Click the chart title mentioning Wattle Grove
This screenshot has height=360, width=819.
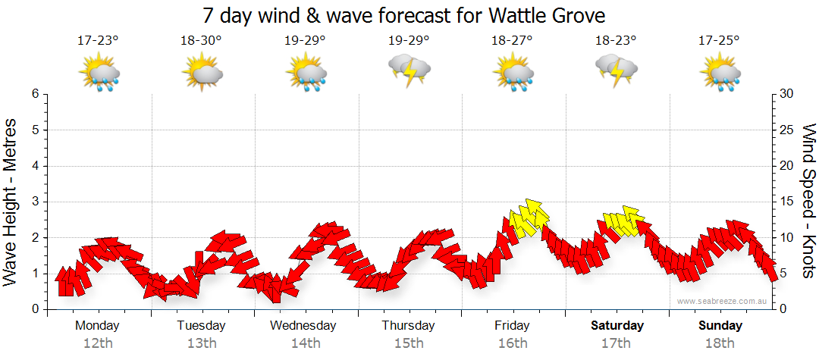pos(405,15)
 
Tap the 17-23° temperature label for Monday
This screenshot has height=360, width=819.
pos(98,40)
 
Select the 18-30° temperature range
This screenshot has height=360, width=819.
pos(201,40)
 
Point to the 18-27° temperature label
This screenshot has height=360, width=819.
pos(512,40)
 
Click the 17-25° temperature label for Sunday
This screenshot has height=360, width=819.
pos(719,40)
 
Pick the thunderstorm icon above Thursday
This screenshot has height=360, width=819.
pos(409,70)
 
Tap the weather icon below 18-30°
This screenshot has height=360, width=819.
pos(202,73)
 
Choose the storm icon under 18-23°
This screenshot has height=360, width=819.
pos(616,70)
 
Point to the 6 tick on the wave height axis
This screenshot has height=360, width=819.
pos(35,94)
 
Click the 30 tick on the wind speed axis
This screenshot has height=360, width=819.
pos(787,94)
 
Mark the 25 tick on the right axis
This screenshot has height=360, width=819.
pos(787,130)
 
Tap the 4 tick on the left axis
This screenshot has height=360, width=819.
pos(35,166)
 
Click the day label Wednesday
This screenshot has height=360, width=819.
pos(303,326)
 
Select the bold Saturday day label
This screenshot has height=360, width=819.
pos(617,326)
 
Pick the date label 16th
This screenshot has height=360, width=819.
pos(513,343)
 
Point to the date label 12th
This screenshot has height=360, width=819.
pos(98,343)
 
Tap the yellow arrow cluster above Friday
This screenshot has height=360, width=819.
pos(528,218)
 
